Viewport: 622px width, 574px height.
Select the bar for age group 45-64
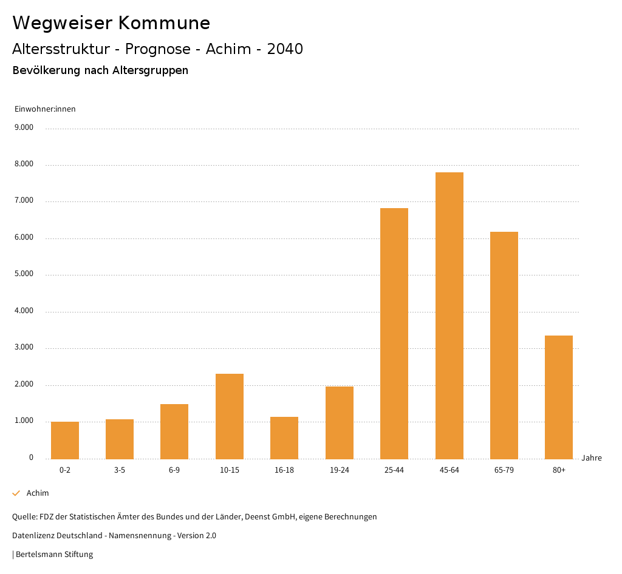[x=449, y=316]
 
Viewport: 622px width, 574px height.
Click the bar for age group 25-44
[x=394, y=334]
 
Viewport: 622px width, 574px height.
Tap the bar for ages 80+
[x=559, y=397]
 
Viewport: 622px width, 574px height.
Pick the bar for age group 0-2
[x=65, y=441]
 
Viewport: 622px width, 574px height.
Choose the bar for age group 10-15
[x=230, y=416]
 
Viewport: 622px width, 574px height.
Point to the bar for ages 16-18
[x=284, y=438]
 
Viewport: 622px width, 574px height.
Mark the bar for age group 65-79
[x=504, y=345]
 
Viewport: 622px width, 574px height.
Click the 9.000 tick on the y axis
[x=25, y=128]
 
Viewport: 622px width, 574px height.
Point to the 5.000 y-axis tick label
[x=25, y=274]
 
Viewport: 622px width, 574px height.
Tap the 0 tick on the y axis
[x=31, y=458]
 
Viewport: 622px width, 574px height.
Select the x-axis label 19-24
[x=339, y=470]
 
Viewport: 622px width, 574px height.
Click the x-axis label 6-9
[x=174, y=470]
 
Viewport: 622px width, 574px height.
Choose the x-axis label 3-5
[x=120, y=470]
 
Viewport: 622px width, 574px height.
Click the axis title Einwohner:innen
[x=45, y=109]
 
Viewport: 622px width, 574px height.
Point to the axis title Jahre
[x=592, y=458]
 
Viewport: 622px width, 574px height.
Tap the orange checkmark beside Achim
[x=16, y=493]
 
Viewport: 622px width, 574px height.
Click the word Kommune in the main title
[x=164, y=23]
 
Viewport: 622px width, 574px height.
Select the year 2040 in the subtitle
[x=285, y=49]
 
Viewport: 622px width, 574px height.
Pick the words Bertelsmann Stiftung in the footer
[x=55, y=555]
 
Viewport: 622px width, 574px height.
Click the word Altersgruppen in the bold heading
[x=150, y=70]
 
